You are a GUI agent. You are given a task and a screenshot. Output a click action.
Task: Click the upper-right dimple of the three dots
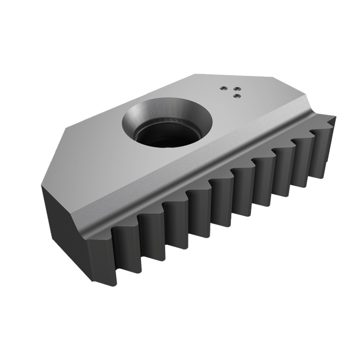pyautogui.click(x=237, y=89)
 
